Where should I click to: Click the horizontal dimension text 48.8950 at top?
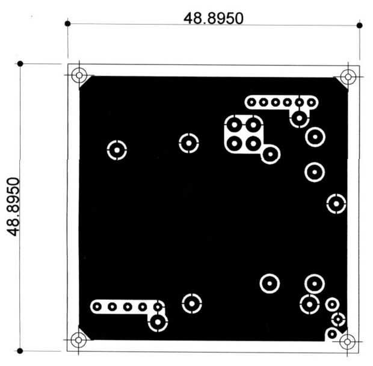[x=214, y=18]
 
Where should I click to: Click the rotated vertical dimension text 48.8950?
[x=13, y=206]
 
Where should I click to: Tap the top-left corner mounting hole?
[x=79, y=75]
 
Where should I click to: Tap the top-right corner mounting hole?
[x=348, y=77]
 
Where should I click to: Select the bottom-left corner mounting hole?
[x=78, y=340]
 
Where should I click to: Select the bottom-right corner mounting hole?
[x=347, y=342]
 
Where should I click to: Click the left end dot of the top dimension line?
[x=67, y=23]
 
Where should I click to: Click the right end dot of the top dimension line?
[x=360, y=25]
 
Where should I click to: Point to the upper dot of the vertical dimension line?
[x=20, y=64]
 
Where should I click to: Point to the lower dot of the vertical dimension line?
[x=20, y=351]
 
